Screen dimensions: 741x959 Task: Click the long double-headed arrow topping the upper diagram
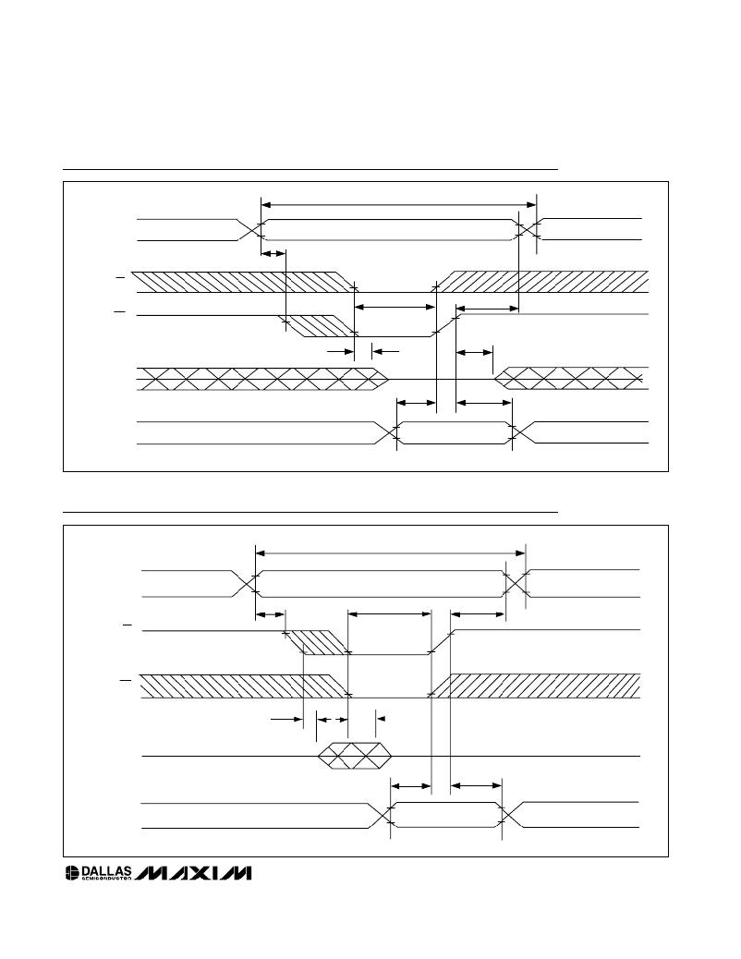pos(399,205)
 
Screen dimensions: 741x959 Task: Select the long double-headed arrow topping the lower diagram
pos(391,553)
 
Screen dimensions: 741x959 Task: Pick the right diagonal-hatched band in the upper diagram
pos(542,282)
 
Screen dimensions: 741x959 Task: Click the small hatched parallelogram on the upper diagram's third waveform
pos(317,326)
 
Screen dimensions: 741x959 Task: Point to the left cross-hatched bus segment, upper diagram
pos(261,379)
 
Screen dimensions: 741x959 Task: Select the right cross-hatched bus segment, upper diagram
pos(572,379)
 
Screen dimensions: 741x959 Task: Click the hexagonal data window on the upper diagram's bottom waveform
pos(454,432)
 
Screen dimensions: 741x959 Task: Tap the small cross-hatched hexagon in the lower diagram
pos(354,756)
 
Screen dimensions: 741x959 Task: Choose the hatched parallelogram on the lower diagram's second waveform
pos(316,642)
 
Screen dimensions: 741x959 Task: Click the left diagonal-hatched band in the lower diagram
pos(245,686)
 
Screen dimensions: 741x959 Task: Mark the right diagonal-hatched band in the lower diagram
pos(535,686)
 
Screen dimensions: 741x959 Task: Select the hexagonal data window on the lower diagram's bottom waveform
pos(446,815)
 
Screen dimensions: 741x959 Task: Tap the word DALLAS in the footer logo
pos(106,870)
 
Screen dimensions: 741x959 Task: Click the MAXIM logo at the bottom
pos(193,873)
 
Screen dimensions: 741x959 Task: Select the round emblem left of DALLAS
pos(73,873)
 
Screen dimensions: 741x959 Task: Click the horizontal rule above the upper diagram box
pos(310,169)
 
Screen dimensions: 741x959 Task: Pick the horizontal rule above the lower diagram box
pos(310,512)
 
